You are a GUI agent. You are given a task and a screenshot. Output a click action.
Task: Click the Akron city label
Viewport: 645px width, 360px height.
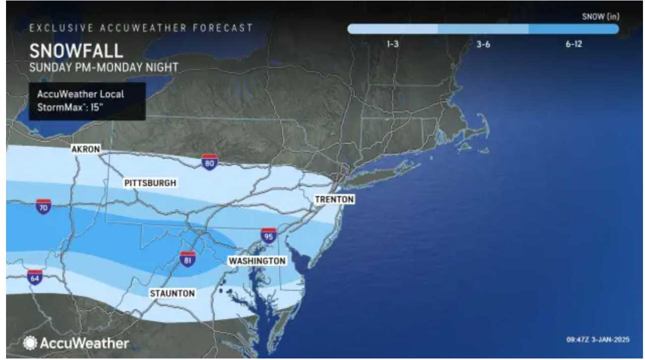[86, 149]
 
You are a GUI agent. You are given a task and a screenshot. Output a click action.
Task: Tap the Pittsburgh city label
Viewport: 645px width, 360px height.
[150, 183]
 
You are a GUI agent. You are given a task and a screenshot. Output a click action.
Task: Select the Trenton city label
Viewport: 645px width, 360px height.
[334, 200]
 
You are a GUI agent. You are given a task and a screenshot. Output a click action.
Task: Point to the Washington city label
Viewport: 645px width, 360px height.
[257, 261]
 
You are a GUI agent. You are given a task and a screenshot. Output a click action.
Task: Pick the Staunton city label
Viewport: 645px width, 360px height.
[172, 293]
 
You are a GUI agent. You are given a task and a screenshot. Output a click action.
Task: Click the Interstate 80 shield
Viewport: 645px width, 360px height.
[210, 162]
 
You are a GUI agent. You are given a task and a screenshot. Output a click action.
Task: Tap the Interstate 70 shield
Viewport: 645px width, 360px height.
[43, 206]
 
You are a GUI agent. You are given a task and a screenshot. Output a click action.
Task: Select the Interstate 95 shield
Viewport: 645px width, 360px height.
[269, 235]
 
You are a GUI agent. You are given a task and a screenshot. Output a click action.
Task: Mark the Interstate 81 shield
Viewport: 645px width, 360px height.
[188, 259]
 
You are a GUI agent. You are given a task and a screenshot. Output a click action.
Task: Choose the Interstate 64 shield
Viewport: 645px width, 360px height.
[35, 277]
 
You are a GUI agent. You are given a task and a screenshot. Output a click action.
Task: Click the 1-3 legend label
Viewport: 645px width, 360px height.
[393, 44]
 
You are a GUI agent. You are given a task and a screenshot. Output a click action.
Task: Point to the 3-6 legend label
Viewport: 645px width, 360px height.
[483, 44]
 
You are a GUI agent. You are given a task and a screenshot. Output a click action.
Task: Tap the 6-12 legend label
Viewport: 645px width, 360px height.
[573, 44]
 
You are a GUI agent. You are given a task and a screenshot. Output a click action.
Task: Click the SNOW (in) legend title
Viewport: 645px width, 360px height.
[601, 17]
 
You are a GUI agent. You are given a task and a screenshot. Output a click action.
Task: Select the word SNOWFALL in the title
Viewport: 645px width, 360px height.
[76, 51]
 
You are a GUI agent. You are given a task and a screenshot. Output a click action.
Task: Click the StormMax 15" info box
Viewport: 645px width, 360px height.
[87, 101]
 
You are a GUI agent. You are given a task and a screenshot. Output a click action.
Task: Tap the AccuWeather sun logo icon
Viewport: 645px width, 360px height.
[30, 343]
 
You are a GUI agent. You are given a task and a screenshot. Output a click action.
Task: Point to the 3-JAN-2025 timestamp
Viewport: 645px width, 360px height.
[598, 339]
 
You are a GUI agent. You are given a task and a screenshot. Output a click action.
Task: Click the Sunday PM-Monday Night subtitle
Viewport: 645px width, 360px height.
[104, 67]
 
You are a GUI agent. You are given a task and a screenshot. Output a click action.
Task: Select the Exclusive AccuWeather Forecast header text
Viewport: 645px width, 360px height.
[141, 28]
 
